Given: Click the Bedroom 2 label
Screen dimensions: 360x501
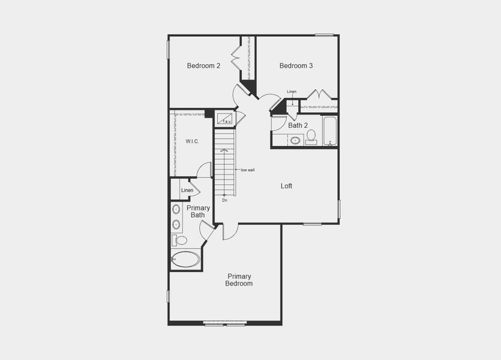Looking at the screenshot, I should pos(203,66).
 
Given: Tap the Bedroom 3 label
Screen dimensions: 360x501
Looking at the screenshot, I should pos(296,66).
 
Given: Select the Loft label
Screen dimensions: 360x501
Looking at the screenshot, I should pos(287,186).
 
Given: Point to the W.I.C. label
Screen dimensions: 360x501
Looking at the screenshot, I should pos(192,142).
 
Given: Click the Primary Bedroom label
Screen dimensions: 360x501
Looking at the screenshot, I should pos(239,280).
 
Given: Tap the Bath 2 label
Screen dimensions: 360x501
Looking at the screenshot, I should pos(298,126).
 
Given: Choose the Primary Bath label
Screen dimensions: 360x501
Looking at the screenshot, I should pos(198,211).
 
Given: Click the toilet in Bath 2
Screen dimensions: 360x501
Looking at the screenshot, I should pos(311,137).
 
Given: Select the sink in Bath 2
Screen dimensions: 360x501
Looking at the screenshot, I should pos(295,140).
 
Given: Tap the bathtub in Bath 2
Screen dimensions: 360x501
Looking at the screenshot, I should pos(330,131).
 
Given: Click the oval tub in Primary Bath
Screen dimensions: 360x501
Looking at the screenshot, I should pos(186,259).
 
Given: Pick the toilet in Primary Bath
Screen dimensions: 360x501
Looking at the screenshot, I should pos(180,241).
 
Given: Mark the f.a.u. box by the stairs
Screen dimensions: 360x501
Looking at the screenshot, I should pos(226,118).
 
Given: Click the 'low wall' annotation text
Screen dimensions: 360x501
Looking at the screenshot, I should pos(248,170).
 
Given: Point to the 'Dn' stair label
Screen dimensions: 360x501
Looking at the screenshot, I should pos(224,200).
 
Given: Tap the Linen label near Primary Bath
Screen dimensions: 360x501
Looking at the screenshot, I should pos(187,191).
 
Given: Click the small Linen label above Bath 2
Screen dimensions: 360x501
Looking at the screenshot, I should pos(292,92).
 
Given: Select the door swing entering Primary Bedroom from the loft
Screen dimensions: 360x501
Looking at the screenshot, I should pos(230,232).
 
